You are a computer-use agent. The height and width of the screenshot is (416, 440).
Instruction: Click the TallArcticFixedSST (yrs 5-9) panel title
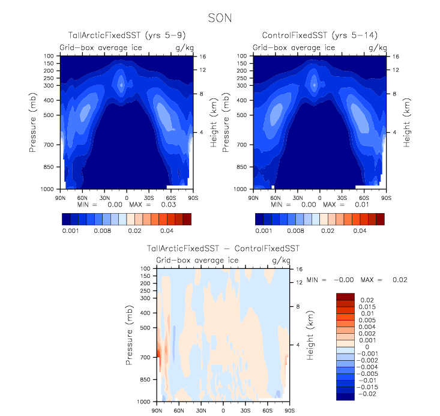pyautogui.click(x=126, y=37)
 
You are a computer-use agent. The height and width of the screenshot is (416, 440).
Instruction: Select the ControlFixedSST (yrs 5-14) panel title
pyautogui.click(x=318, y=37)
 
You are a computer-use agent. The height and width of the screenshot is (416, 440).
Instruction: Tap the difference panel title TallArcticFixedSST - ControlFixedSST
pyautogui.click(x=223, y=248)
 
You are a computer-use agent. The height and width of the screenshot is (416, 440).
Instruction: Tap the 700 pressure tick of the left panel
pyautogui.click(x=48, y=145)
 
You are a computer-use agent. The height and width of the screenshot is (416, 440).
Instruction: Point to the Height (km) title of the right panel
pyautogui.click(x=406, y=122)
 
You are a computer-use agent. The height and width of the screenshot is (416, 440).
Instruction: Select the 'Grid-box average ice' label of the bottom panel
pyautogui.click(x=197, y=260)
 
